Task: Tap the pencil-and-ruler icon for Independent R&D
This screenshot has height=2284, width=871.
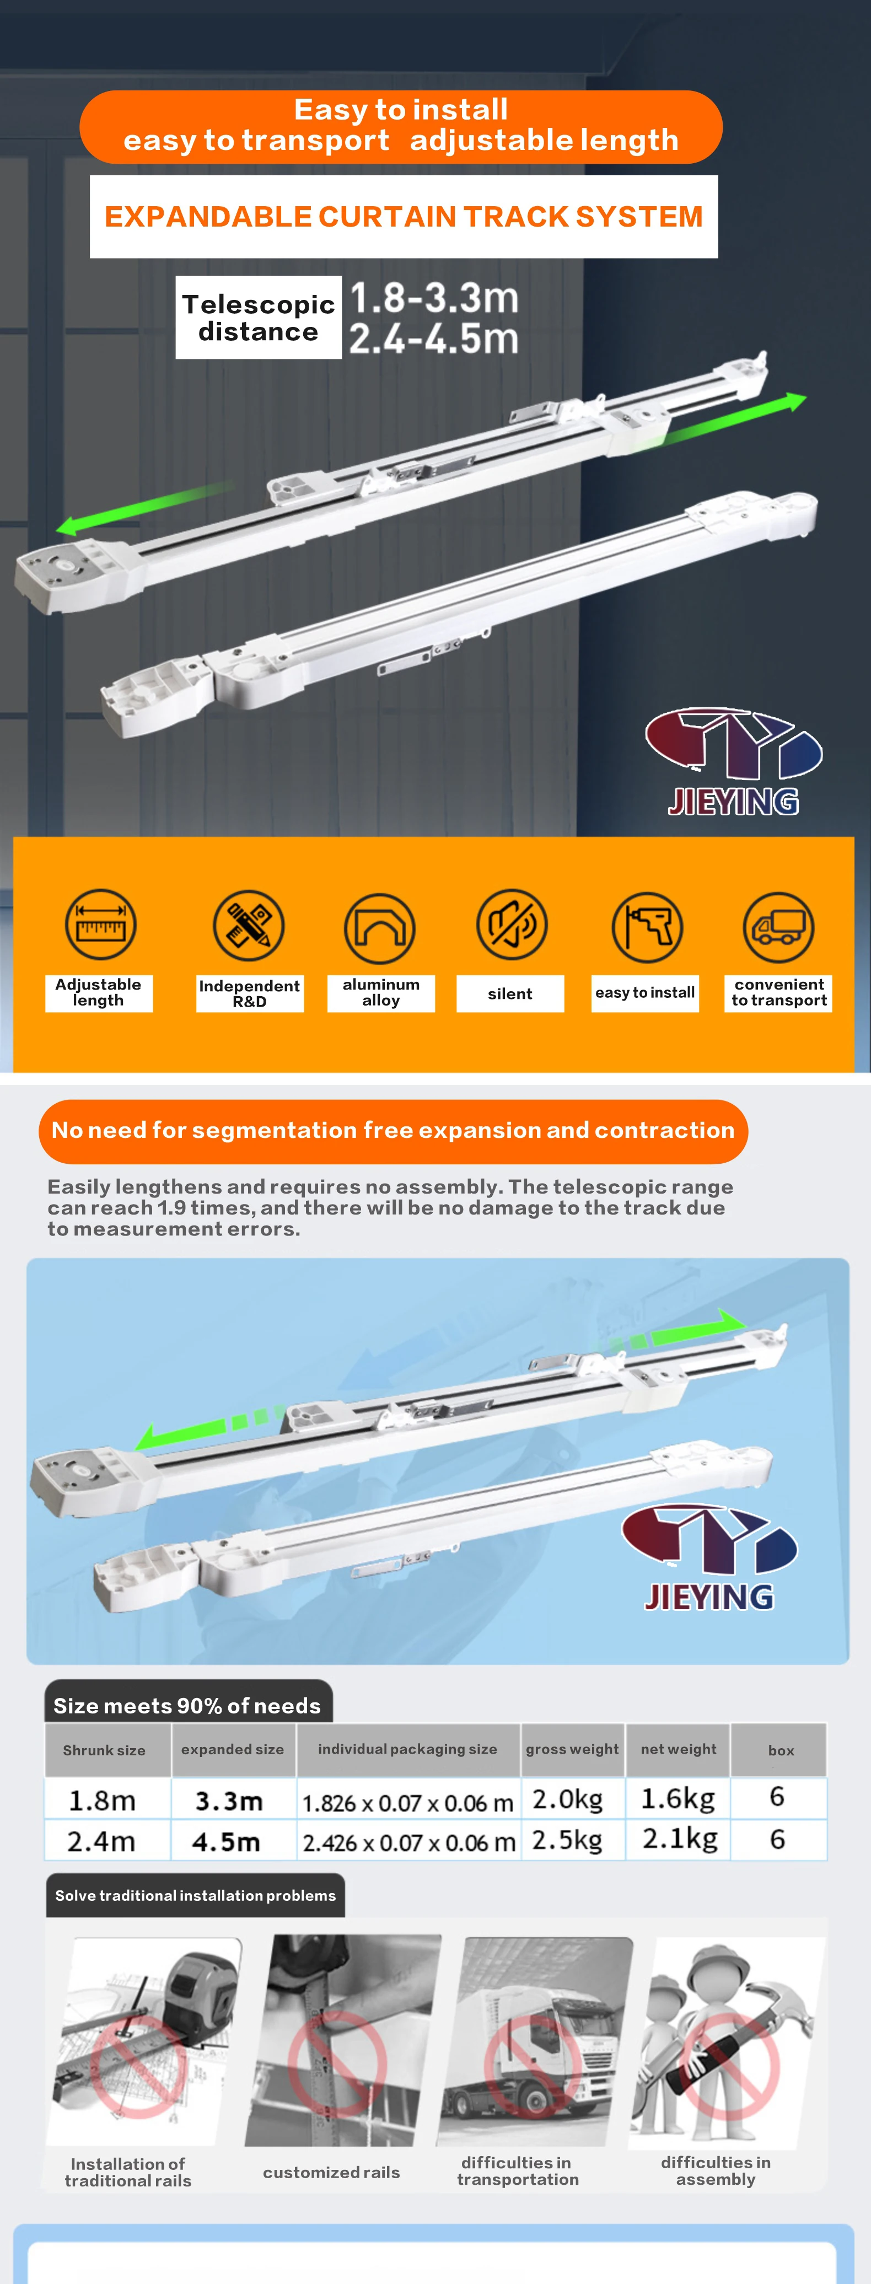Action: click(x=249, y=926)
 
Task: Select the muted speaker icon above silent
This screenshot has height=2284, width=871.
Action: click(x=512, y=925)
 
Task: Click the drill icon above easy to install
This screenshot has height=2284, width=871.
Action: click(x=647, y=927)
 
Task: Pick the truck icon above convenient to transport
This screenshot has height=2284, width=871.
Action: click(x=778, y=927)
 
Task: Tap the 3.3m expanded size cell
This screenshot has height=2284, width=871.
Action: click(x=230, y=1801)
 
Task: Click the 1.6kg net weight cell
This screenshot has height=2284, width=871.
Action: click(x=678, y=1798)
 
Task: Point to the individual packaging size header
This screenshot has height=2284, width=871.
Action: click(x=407, y=1749)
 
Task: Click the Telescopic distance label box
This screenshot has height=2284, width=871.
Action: click(x=258, y=318)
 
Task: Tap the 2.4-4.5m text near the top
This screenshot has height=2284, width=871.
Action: click(x=434, y=338)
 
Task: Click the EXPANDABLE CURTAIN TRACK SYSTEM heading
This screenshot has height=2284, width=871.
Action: click(x=404, y=216)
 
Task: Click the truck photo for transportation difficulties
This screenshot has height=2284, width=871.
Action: click(x=535, y=2041)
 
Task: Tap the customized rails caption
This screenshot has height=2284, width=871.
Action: click(x=331, y=2172)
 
